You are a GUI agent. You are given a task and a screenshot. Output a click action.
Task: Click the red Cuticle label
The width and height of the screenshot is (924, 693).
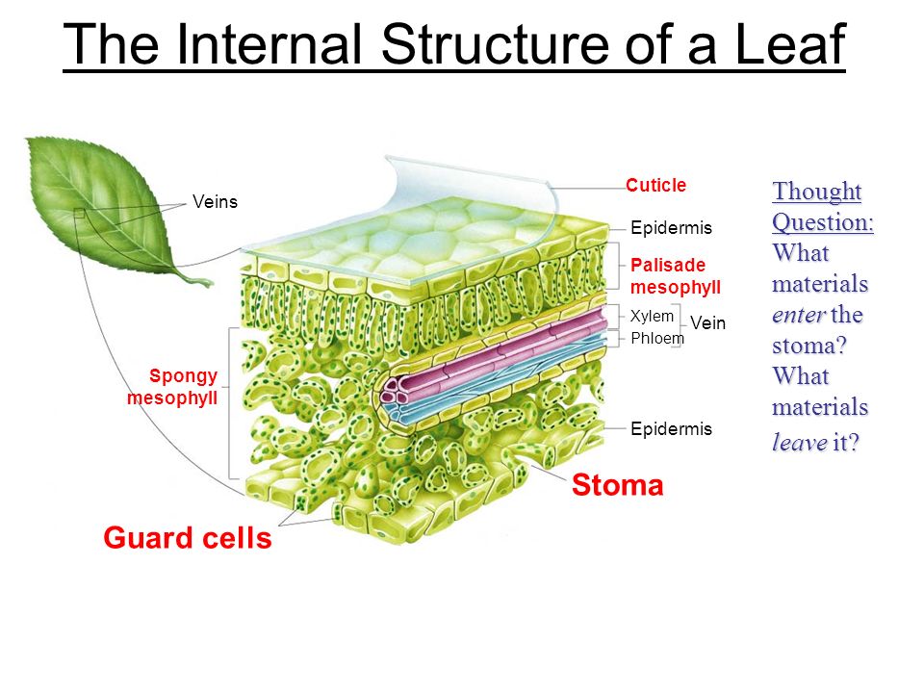[x=655, y=185]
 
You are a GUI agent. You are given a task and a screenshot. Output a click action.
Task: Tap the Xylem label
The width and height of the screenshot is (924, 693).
[x=652, y=316]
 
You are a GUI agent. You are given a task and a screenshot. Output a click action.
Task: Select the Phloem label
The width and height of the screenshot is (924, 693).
[x=657, y=338]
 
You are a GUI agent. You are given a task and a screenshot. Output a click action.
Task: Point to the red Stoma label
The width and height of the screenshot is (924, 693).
[x=617, y=486]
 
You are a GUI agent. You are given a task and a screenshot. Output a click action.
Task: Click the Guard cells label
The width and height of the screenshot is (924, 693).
[x=188, y=539]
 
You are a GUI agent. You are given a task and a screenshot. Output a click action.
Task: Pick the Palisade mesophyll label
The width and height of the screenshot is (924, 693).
[x=675, y=275]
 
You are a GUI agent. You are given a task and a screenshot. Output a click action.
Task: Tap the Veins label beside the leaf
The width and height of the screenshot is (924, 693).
[x=215, y=201]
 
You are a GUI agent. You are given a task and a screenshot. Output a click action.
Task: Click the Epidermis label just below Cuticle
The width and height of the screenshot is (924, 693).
[x=671, y=228]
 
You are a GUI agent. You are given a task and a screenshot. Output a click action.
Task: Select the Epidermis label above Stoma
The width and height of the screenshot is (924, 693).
[x=671, y=429]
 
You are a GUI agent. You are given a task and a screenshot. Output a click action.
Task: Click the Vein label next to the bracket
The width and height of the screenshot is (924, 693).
[x=707, y=324]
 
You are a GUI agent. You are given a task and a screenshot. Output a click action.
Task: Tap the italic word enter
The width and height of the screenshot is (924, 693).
[x=798, y=315]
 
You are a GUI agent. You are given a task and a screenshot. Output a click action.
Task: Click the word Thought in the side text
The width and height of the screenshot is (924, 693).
[x=816, y=192]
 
